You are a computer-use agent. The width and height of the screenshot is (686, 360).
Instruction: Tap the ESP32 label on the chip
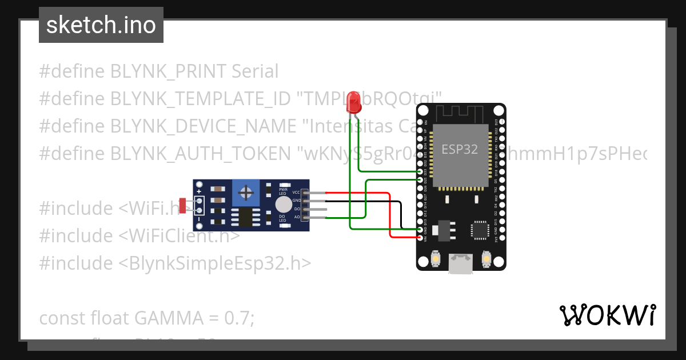[460, 149]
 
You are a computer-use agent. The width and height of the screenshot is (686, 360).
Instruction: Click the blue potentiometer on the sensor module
[246, 192]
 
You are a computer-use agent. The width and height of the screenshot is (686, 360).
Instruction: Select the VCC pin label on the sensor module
[296, 193]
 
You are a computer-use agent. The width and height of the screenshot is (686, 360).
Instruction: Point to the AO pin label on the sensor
[297, 217]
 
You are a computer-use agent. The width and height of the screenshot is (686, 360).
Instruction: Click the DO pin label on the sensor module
[297, 209]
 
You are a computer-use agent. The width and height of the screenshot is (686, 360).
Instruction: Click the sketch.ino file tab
[101, 25]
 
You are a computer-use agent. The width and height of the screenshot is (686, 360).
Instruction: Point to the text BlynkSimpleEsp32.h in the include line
[210, 263]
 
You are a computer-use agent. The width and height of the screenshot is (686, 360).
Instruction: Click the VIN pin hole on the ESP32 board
[420, 237]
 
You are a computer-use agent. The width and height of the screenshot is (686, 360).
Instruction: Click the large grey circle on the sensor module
[283, 205]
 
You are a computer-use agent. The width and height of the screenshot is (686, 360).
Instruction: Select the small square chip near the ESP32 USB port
[479, 230]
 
